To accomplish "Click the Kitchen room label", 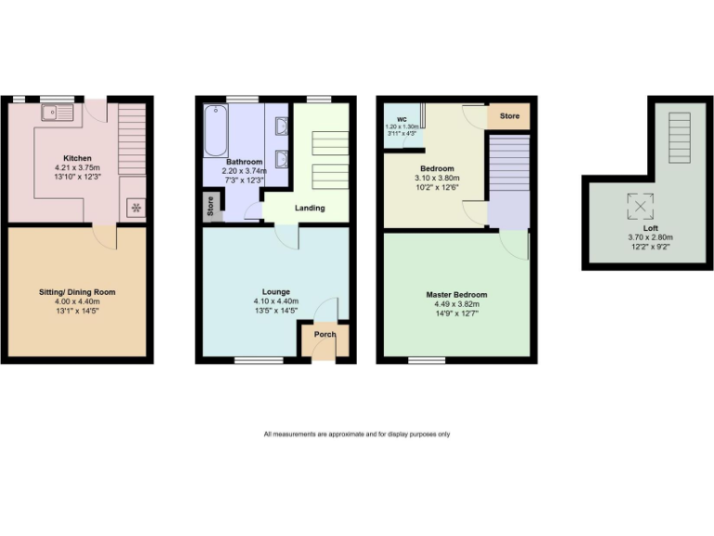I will click(x=77, y=157).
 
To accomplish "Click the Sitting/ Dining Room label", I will click(x=76, y=291).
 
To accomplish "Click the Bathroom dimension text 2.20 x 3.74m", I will click(x=243, y=171).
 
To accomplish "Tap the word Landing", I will click(x=310, y=208).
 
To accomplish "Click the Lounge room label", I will click(x=276, y=291).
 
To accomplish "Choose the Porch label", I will click(x=324, y=334).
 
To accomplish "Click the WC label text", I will click(x=402, y=119).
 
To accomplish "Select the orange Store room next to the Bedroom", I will click(x=509, y=117).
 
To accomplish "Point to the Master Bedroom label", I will click(x=456, y=295).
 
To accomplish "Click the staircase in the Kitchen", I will click(x=133, y=140).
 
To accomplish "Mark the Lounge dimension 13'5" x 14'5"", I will click(x=276, y=312).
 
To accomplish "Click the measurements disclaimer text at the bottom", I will click(x=357, y=434).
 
